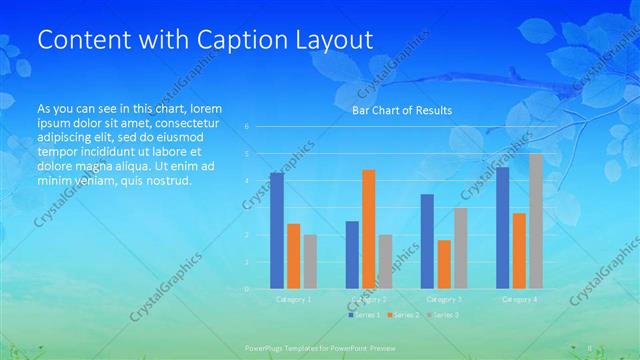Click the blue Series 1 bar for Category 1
click(277, 230)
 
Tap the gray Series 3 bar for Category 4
click(536, 221)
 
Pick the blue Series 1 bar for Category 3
click(427, 241)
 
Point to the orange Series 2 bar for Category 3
click(444, 264)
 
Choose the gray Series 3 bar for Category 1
click(310, 261)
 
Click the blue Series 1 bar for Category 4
click(502, 227)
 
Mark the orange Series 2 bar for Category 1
click(293, 256)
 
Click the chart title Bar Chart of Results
click(402, 110)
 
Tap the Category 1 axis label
click(294, 299)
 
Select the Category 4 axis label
click(520, 299)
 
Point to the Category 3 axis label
click(444, 299)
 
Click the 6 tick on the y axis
click(247, 127)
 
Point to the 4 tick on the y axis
click(247, 181)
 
